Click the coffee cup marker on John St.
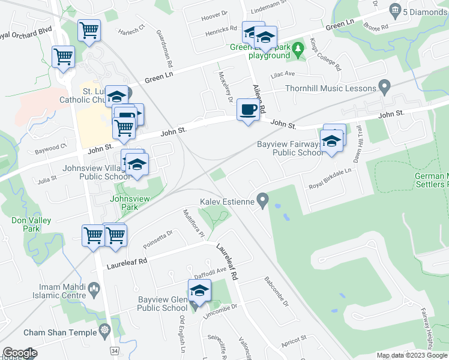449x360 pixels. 248,110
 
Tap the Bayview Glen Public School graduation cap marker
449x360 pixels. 199,291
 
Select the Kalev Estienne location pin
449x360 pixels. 262,199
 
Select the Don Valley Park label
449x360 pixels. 31,224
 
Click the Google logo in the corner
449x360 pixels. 19,353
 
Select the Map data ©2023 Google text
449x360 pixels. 411,355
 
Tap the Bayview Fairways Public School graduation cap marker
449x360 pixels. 331,141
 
